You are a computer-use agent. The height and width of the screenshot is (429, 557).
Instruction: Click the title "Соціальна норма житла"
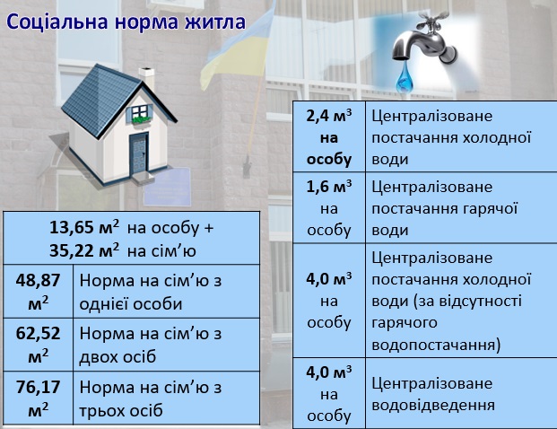tap(126, 22)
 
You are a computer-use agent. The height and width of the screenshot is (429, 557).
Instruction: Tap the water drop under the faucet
tap(404, 78)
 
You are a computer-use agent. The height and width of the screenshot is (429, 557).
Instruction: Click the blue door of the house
tap(139, 153)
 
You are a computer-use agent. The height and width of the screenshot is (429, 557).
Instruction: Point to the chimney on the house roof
tap(147, 77)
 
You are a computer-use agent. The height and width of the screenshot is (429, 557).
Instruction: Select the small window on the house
tap(140, 113)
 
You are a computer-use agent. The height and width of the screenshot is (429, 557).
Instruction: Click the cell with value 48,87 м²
tap(38, 292)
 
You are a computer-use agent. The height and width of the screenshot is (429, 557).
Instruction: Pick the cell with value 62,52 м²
tap(38, 345)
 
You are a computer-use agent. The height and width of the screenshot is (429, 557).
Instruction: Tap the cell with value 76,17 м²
tap(38, 398)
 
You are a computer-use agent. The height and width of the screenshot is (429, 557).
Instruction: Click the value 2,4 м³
tap(329, 116)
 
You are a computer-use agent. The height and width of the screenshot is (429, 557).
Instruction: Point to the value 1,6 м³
tap(329, 187)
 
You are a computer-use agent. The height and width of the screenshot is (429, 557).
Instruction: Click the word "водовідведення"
tap(433, 405)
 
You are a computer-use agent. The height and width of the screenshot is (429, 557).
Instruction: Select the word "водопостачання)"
tap(436, 345)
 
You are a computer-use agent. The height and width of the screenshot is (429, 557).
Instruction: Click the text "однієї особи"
tap(131, 304)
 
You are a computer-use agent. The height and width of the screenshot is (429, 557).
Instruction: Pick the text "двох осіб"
tap(117, 357)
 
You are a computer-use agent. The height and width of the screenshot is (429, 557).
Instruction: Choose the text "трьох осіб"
tap(121, 410)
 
